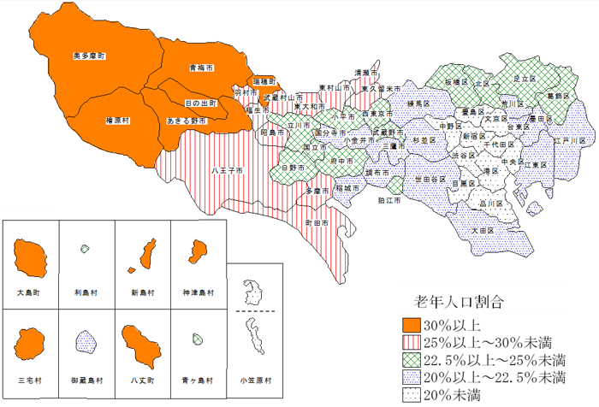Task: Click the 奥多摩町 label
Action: tap(89, 56)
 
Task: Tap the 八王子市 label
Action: tap(227, 170)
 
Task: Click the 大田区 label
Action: tap(483, 229)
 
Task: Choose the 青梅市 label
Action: tap(202, 67)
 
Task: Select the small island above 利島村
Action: tap(85, 249)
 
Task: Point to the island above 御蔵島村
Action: tap(86, 343)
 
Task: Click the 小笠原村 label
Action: tap(254, 378)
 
